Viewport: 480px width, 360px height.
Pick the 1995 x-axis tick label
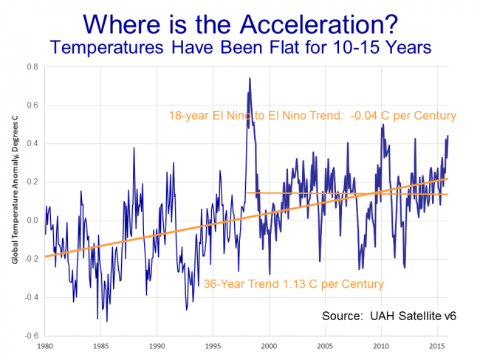pyautogui.click(x=213, y=345)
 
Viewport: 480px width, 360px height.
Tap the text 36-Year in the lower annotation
pyautogui.click(x=224, y=284)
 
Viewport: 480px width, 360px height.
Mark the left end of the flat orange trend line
pyautogui.click(x=247, y=193)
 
